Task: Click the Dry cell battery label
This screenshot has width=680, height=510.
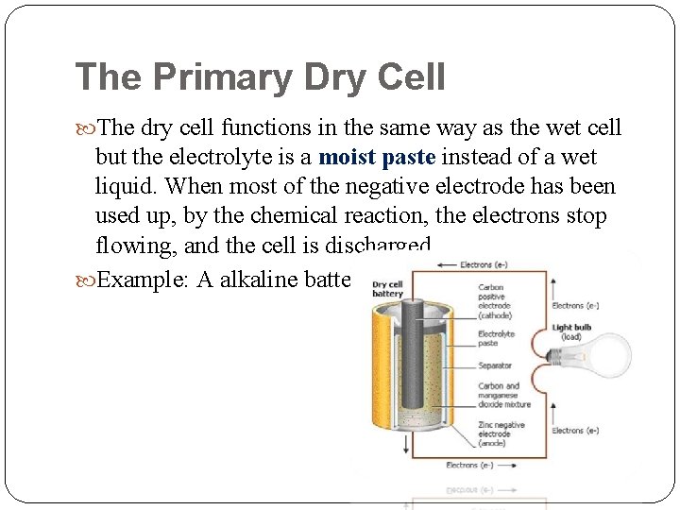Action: (x=387, y=289)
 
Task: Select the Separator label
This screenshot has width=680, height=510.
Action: (x=495, y=365)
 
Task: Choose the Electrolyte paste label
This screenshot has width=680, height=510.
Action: (x=497, y=339)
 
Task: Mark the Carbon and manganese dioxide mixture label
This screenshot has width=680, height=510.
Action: (x=503, y=395)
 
